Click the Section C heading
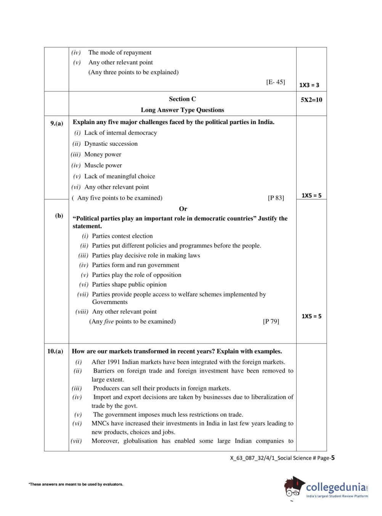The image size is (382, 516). [182, 99]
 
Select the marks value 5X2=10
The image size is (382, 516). [311, 100]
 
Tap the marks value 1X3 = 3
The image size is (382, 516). [309, 85]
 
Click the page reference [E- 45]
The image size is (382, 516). [275, 82]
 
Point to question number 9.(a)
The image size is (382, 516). [57, 123]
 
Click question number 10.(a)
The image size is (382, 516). [55, 351]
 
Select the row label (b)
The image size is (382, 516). [59, 215]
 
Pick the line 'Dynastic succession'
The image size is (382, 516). [111, 143]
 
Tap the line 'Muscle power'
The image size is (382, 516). [103, 165]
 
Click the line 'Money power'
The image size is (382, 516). [103, 154]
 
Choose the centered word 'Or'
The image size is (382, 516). [183, 209]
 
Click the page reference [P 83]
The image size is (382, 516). [276, 197]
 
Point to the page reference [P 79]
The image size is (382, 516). [271, 321]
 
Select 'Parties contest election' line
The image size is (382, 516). [122, 236]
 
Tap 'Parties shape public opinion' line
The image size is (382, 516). [129, 284]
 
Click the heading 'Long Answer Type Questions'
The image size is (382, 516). [182, 110]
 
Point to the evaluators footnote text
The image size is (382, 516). [76, 484]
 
